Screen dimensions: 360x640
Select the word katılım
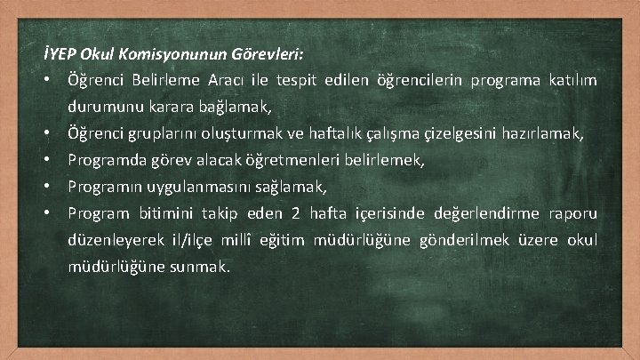point(570,81)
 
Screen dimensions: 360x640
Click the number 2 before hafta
point(294,214)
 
